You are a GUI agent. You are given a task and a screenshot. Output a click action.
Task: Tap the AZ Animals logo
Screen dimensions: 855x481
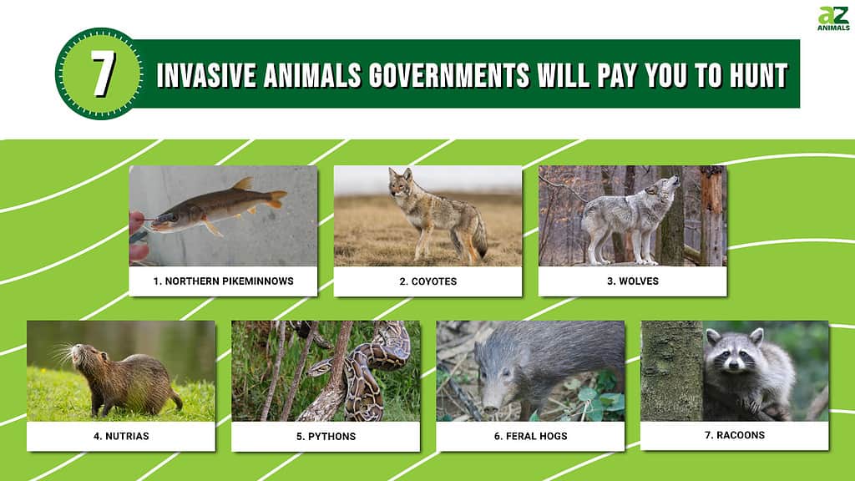[833, 18]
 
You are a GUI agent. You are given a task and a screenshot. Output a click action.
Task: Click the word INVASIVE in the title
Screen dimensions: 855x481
[207, 75]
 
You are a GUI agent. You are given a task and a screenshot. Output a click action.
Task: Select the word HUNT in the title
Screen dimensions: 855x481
[760, 75]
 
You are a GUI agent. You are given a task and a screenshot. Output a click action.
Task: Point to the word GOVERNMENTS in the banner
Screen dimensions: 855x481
[449, 75]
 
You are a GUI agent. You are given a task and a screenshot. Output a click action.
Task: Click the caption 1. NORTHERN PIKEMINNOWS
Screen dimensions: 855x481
[223, 281]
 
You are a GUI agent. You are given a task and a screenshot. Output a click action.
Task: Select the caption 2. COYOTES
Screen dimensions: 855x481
[428, 281]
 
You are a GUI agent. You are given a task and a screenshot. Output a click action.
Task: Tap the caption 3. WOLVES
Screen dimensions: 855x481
[633, 281]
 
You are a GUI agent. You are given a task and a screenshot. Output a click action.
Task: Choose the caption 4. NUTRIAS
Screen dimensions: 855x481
[121, 436]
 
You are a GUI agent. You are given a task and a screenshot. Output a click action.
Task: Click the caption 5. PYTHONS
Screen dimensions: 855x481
[326, 436]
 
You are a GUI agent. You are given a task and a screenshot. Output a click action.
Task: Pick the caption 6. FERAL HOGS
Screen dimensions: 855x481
[530, 436]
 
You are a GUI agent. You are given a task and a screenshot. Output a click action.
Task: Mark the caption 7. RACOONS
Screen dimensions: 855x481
[735, 435]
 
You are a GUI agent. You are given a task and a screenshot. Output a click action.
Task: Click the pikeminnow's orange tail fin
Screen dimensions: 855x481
[277, 199]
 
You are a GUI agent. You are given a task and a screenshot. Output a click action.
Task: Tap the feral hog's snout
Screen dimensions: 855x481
[490, 405]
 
